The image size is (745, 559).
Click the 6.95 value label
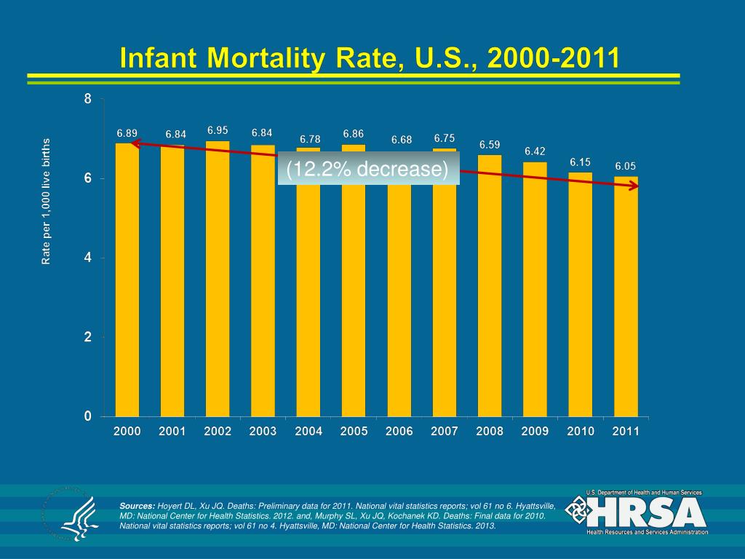pyautogui.click(x=218, y=130)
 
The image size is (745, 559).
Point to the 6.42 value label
pyautogui.click(x=535, y=151)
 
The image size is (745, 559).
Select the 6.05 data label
pyautogui.click(x=626, y=166)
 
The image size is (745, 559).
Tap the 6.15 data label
pyautogui.click(x=580, y=162)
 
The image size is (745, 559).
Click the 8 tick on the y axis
pyautogui.click(x=88, y=100)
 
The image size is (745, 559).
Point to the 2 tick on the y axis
pyautogui.click(x=88, y=338)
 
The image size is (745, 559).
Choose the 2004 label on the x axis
pyautogui.click(x=308, y=432)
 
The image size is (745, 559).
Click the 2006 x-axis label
pyautogui.click(x=399, y=432)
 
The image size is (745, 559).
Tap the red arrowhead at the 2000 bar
pyautogui.click(x=135, y=143)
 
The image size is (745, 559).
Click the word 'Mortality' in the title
pyautogui.click(x=268, y=58)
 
